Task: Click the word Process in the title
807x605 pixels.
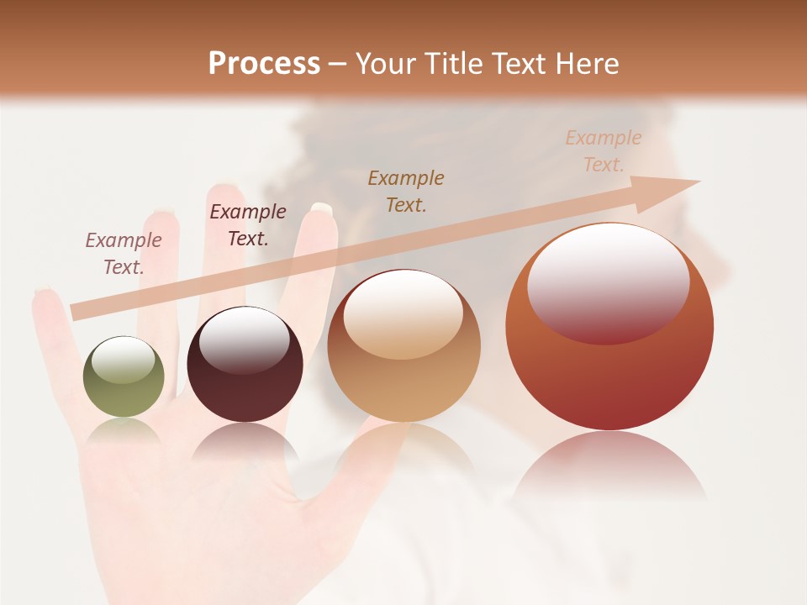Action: point(264,64)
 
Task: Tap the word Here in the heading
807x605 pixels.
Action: point(588,64)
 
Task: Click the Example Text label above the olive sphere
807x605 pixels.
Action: point(124,254)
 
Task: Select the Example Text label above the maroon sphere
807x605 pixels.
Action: point(248,225)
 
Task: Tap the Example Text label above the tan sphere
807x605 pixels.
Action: point(406,191)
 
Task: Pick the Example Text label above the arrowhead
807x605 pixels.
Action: point(603,151)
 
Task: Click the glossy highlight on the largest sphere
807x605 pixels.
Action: point(608,281)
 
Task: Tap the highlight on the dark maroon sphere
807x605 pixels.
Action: point(245,339)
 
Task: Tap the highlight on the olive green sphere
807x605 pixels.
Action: point(124,360)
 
